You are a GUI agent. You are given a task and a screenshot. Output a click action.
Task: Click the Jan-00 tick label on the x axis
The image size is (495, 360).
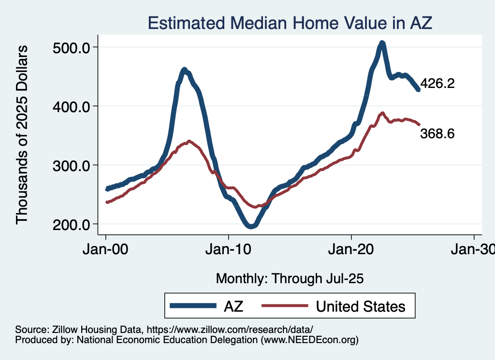(x=105, y=251)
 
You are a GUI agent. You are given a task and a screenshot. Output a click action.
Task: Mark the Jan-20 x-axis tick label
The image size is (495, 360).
(x=351, y=251)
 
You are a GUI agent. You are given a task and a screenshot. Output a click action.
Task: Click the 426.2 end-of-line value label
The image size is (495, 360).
(x=437, y=84)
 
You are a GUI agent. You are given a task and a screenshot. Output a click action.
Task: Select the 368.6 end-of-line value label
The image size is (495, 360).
(x=437, y=134)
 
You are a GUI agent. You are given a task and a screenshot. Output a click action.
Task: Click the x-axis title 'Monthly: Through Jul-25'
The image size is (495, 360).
(x=290, y=278)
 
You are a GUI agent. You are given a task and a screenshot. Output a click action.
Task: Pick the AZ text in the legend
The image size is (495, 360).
(x=233, y=306)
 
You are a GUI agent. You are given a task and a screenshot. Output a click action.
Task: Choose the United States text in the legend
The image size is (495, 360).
(x=360, y=306)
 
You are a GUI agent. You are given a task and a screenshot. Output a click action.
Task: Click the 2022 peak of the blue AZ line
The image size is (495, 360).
(x=382, y=43)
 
